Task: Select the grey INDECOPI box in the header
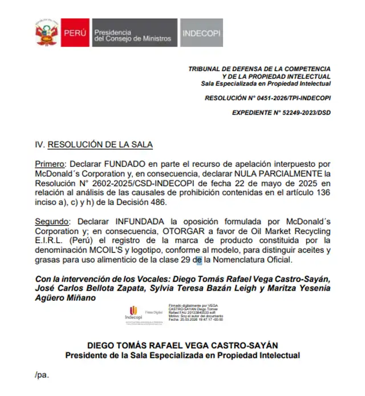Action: (x=201, y=33)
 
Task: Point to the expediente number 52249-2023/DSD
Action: (x=300, y=113)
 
